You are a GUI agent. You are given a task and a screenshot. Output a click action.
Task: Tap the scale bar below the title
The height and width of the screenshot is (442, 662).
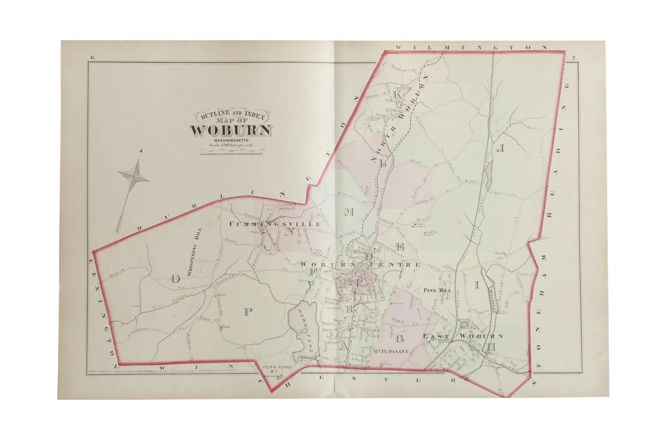(x=232, y=152)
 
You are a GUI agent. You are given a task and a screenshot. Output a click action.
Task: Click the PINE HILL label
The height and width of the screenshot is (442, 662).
(x=436, y=290)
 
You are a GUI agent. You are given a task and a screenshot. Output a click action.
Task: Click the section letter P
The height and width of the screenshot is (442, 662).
(x=247, y=312)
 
